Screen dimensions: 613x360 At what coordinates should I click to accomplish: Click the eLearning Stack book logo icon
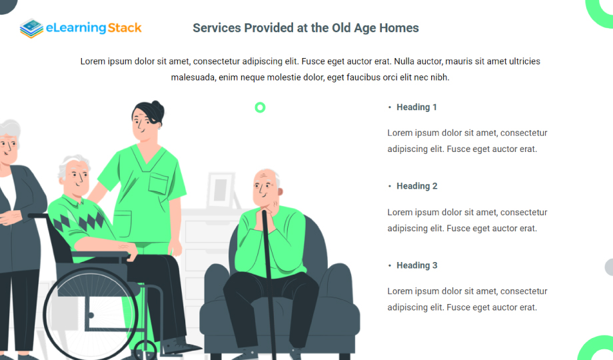coord(32,28)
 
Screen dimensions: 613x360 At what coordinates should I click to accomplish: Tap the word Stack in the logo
coord(125,28)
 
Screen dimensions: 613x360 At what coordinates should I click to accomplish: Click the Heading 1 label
coord(416,107)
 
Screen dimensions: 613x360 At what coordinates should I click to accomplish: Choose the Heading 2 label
coord(416,186)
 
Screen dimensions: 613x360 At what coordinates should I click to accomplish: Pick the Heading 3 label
coord(416,265)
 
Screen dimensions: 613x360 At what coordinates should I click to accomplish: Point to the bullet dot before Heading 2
coord(389,186)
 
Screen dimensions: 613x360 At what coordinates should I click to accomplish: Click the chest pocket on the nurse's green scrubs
coord(159,183)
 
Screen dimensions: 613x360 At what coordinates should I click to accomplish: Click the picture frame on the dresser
coord(221,190)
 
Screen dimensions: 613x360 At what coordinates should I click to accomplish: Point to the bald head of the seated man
coord(265,177)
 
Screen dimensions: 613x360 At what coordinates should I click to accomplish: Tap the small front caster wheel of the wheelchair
coord(145,350)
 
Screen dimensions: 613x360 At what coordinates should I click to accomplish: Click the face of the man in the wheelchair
coord(76,178)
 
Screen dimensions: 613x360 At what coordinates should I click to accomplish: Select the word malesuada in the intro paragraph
coord(193,77)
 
